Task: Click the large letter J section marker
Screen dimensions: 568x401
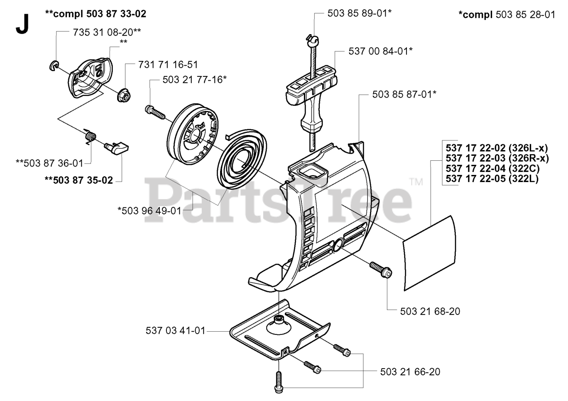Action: click(22, 25)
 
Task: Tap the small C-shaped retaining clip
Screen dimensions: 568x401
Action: click(53, 66)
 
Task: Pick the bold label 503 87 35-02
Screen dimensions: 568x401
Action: click(78, 180)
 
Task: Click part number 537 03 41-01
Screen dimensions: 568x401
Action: click(176, 331)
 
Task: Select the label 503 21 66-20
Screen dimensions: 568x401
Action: click(410, 372)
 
